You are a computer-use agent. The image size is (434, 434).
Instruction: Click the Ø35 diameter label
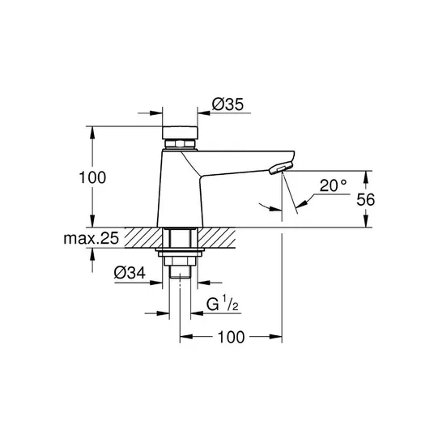228,104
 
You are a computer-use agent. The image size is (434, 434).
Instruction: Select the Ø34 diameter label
130,273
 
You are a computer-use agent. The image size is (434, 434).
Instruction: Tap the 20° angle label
333,185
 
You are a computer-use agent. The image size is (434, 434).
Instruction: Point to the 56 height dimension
365,199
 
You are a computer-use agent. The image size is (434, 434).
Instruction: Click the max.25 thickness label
91,238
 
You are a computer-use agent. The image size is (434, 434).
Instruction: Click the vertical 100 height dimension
92,177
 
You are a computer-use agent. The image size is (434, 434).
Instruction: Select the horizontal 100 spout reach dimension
231,337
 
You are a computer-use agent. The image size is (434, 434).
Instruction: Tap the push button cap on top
180,133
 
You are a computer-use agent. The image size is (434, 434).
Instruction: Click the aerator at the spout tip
280,168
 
